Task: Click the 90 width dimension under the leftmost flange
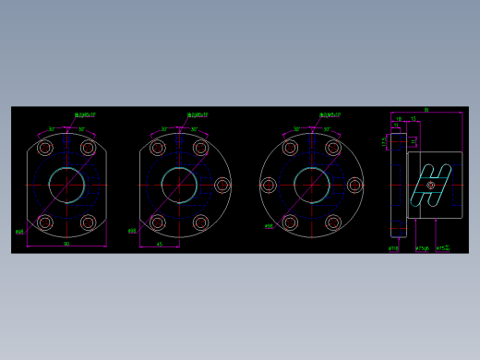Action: point(66,245)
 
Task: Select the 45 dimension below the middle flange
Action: point(160,245)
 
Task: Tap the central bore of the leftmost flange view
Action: point(66,186)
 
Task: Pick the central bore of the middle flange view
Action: point(179,186)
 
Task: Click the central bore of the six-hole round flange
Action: point(312,186)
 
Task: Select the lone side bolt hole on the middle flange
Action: point(222,186)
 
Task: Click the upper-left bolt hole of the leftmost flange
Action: point(45,148)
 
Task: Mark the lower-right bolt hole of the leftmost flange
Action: point(89,222)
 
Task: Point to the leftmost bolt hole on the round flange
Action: point(269,186)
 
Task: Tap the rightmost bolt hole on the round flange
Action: point(355,186)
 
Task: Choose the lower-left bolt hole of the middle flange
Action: point(158,222)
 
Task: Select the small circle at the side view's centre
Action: point(430,186)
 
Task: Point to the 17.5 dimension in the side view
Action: point(385,141)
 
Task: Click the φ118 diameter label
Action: point(393,247)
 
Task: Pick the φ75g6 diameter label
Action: point(423,247)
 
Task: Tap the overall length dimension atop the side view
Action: point(426,110)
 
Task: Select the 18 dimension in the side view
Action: point(398,118)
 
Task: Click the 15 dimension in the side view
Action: point(413,118)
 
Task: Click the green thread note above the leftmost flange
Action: point(85,115)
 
